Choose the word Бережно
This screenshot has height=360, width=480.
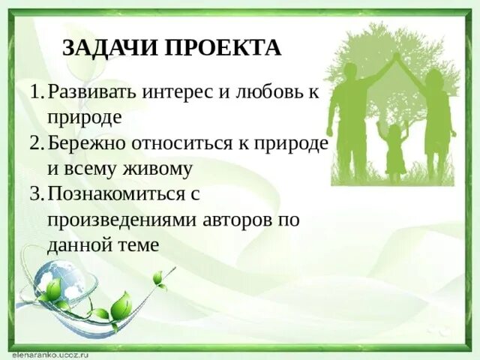82,144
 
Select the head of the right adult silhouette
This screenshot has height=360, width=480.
434,79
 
